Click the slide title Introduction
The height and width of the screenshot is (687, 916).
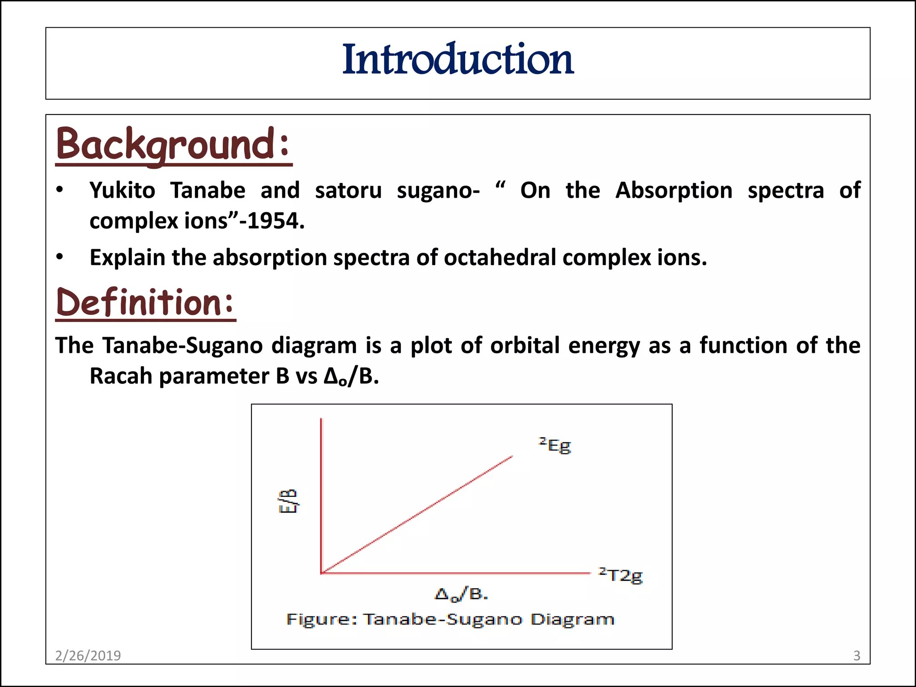pos(458,59)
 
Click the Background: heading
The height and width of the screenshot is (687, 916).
pos(173,144)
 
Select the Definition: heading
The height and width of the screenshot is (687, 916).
pos(145,302)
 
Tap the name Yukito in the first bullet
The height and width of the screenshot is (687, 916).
pos(122,191)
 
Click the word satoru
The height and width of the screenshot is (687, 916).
pos(348,191)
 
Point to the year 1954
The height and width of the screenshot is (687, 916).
pos(272,221)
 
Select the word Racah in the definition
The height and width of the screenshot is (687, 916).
pos(121,376)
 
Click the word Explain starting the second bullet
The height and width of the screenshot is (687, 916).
pos(127,258)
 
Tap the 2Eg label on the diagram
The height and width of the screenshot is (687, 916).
pos(555,445)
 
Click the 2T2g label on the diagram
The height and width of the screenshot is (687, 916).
pos(621,575)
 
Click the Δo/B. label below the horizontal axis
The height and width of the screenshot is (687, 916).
pos(461,594)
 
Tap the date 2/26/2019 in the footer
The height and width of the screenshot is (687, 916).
pos(88,655)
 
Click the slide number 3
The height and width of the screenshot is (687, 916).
pos(857,655)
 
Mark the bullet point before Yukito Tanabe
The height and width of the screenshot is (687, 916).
pos(60,191)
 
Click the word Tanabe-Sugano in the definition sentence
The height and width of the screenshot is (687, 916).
pos(182,346)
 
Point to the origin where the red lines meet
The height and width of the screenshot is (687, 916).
pos(322,572)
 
